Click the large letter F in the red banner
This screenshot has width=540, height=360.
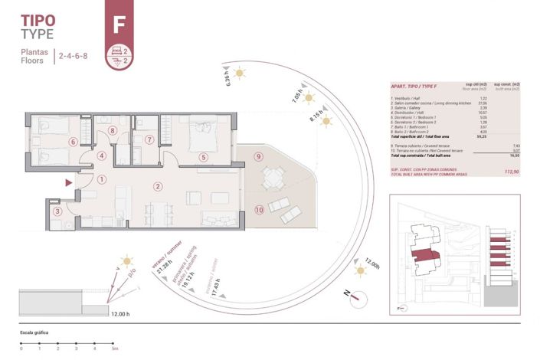[x=119, y=24]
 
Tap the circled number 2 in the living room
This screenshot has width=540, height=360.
[x=157, y=186]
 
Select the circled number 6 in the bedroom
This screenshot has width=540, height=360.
[x=73, y=141]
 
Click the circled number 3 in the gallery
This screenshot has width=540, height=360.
[x=57, y=211]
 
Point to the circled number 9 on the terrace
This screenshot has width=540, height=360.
[x=259, y=157]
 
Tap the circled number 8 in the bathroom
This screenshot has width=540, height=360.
[x=113, y=131]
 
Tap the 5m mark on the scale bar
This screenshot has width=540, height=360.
[x=113, y=349]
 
